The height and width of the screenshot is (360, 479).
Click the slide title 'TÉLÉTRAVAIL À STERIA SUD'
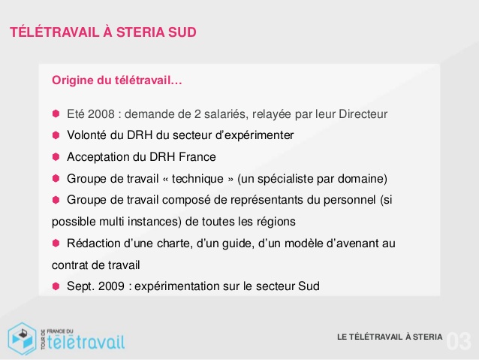click(104, 33)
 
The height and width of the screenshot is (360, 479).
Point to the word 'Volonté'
click(86, 135)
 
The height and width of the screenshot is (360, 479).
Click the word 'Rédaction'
click(93, 244)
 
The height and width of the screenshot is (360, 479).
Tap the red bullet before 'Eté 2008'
click(56, 114)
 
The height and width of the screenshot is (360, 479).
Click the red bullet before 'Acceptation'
click(56, 157)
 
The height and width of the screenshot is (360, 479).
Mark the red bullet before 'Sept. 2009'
click(56, 286)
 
